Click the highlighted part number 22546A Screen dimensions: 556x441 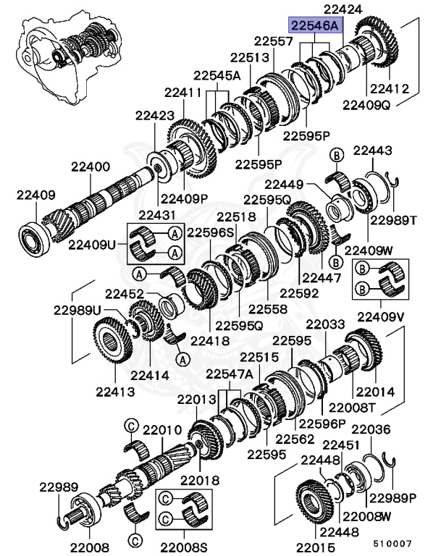(315, 25)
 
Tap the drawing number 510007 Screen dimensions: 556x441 (392, 542)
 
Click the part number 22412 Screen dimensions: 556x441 (390, 89)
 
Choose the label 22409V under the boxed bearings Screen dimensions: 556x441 (380, 316)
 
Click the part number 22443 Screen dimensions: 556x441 (373, 151)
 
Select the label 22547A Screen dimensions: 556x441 (229, 374)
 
